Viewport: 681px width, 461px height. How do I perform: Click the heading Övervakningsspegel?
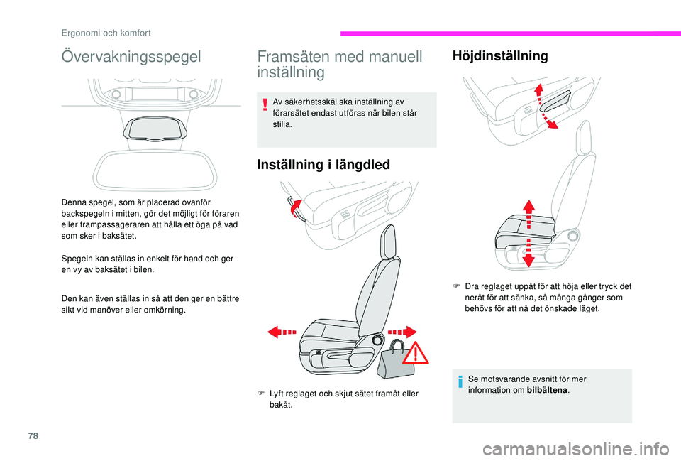(131, 56)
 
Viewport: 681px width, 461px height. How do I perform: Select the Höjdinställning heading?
(500, 55)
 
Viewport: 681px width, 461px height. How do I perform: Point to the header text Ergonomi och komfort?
(105, 32)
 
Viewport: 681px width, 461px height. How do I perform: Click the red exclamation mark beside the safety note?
(265, 105)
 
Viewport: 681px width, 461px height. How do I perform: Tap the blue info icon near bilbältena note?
(460, 384)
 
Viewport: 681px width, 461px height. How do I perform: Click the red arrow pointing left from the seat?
(282, 332)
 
